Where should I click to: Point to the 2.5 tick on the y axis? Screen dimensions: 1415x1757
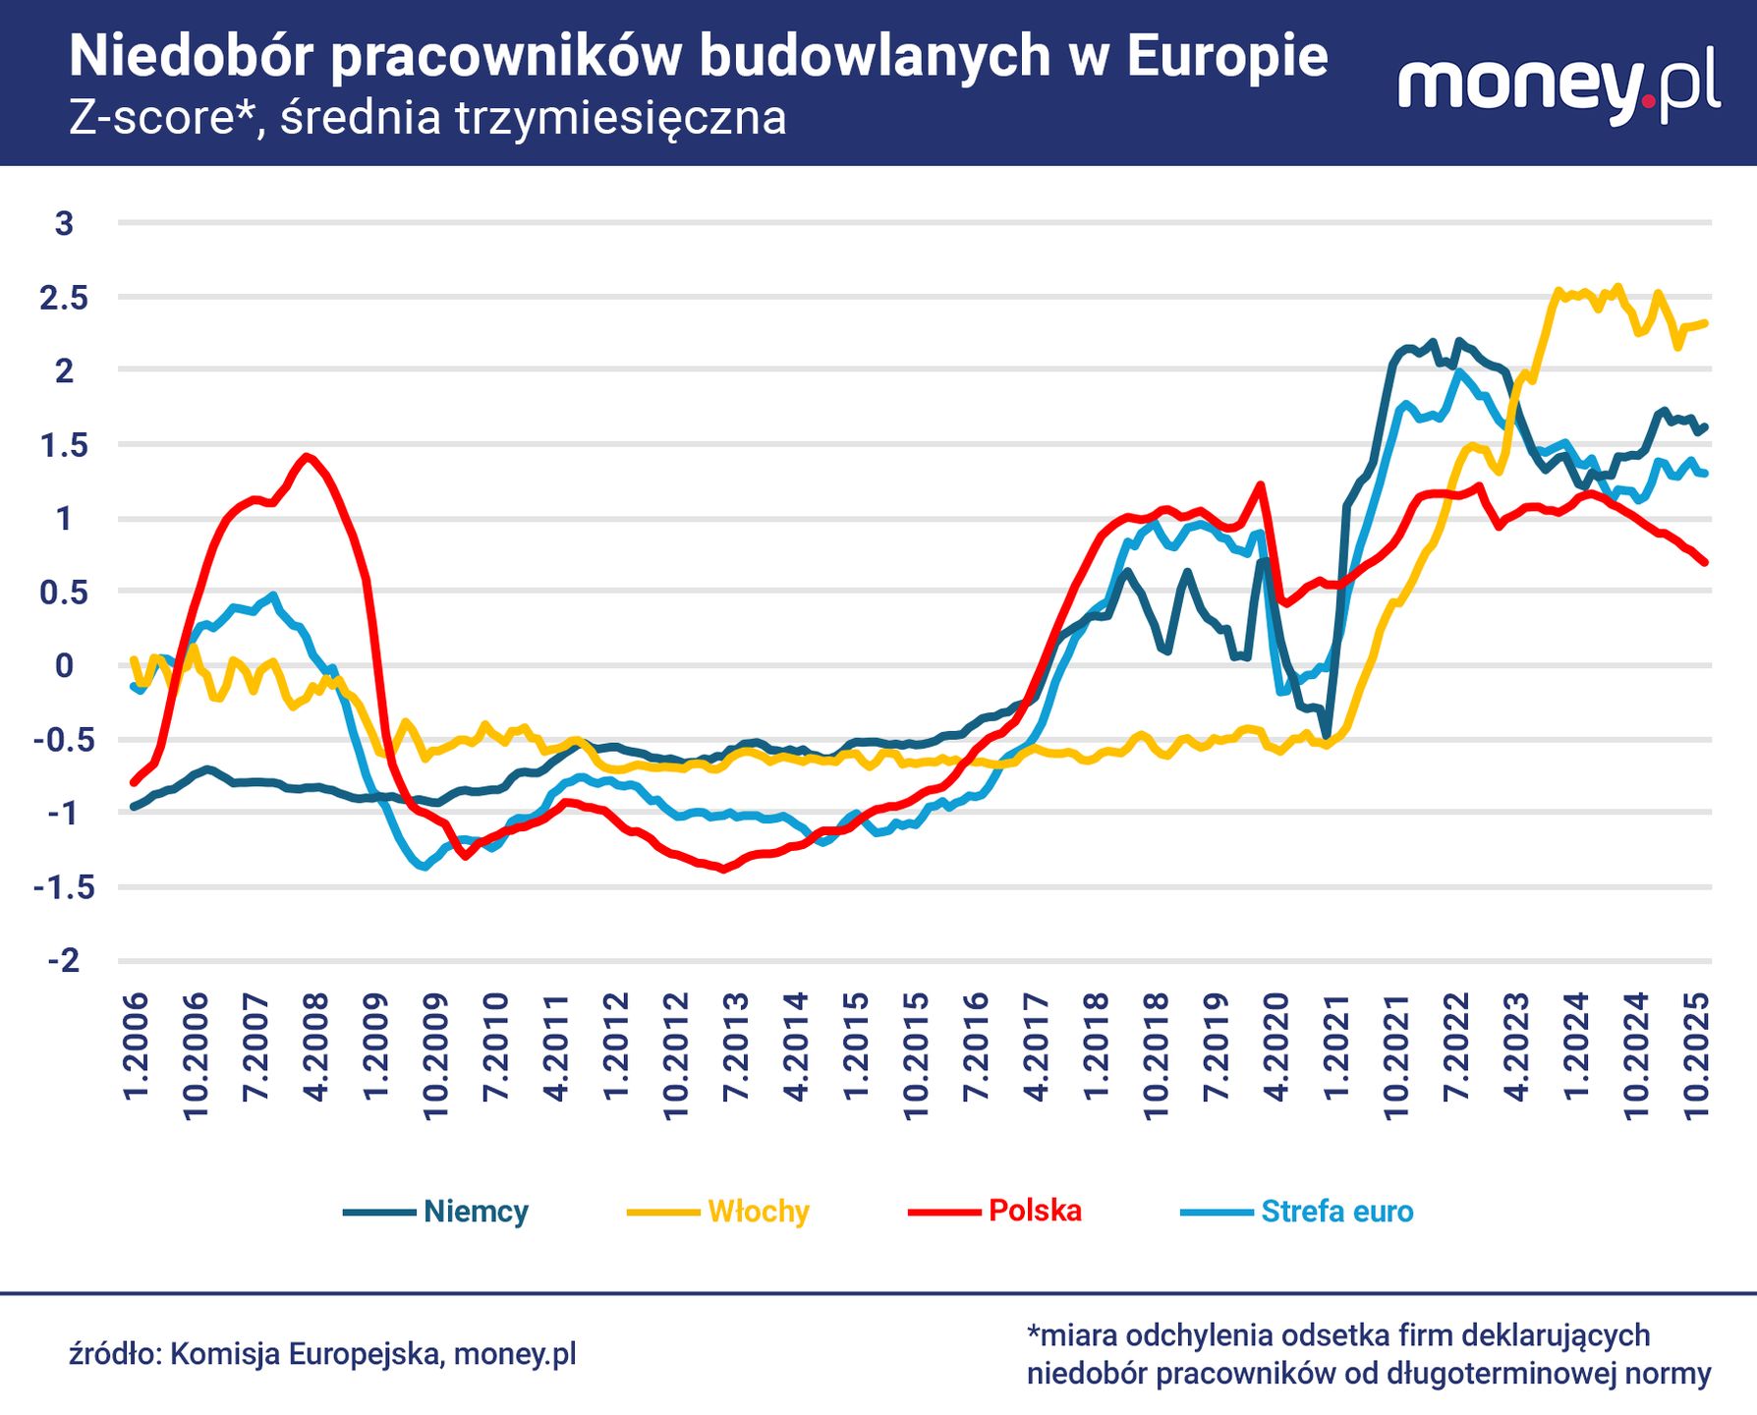(x=64, y=298)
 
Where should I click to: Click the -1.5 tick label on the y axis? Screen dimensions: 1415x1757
(x=64, y=887)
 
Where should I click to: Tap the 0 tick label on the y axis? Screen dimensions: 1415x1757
(x=64, y=666)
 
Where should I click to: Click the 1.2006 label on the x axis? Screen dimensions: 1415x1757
(x=136, y=1046)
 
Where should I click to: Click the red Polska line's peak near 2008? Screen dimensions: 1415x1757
(x=307, y=456)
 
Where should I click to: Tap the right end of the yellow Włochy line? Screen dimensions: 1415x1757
(x=1705, y=323)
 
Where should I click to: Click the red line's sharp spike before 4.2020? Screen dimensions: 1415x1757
(x=1261, y=483)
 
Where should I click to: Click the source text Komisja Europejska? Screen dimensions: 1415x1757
(x=304, y=1354)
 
